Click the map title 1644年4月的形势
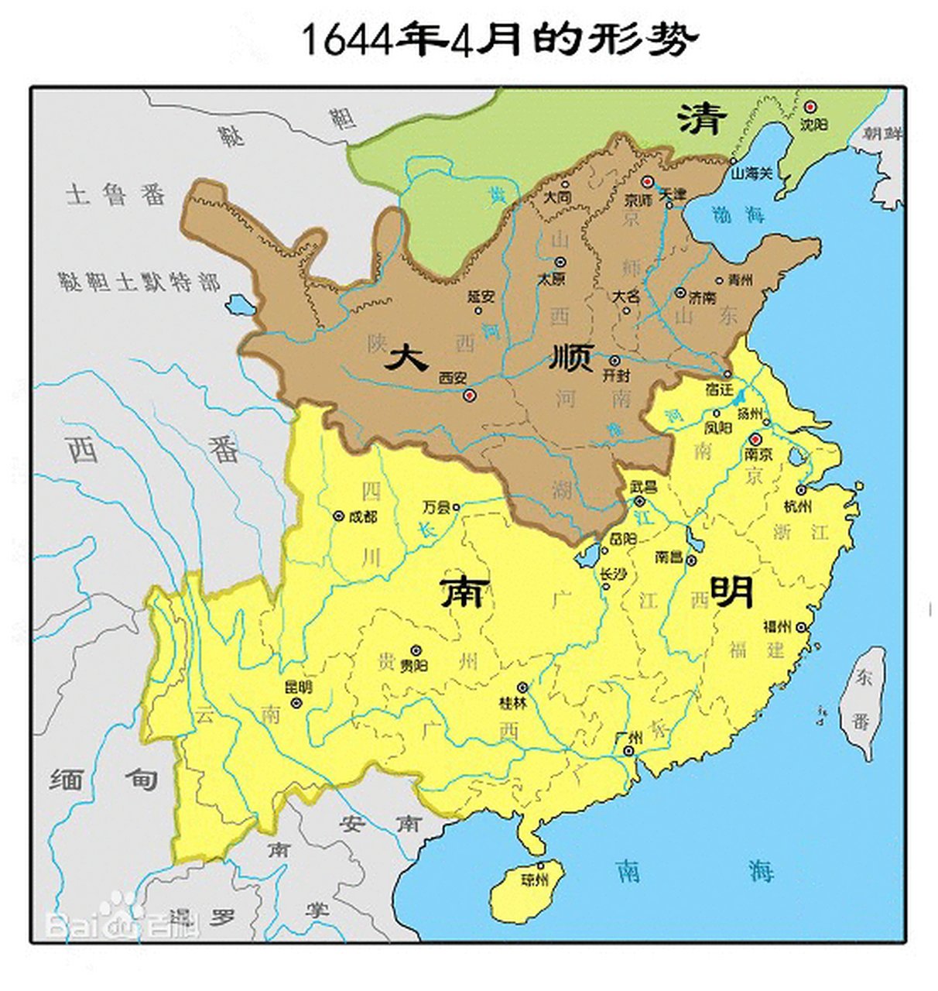click(499, 39)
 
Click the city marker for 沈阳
click(810, 107)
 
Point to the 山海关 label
click(751, 173)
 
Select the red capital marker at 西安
click(469, 396)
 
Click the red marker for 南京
click(756, 438)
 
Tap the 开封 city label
click(617, 375)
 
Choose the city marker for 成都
click(338, 516)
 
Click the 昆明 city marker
click(296, 702)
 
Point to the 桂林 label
click(513, 703)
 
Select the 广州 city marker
click(628, 750)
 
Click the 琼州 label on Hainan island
click(535, 880)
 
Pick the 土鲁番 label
click(116, 194)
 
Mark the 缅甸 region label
click(104, 779)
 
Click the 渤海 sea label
click(738, 214)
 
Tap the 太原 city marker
click(560, 262)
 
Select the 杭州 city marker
click(801, 490)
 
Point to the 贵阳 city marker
click(416, 650)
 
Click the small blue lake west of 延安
click(239, 303)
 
